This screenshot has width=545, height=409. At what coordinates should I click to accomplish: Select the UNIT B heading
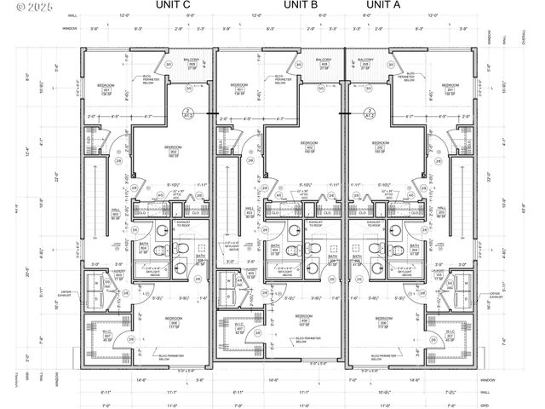[301, 6]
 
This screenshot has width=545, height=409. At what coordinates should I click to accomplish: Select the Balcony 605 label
[192, 65]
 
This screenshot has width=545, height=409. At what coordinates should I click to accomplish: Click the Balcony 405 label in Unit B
[324, 65]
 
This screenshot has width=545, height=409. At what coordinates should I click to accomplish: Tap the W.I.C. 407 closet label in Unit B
[239, 327]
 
